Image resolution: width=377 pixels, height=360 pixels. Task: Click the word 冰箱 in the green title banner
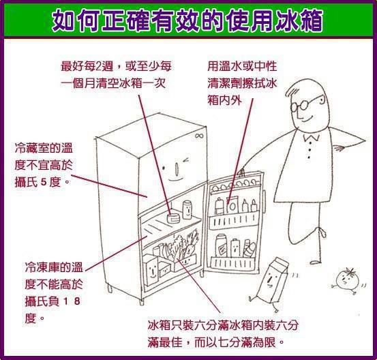click(x=298, y=20)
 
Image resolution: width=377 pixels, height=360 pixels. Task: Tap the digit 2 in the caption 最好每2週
click(x=99, y=66)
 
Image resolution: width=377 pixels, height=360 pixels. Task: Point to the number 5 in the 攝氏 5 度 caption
click(x=44, y=182)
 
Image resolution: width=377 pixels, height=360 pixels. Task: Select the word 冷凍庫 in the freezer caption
click(x=42, y=267)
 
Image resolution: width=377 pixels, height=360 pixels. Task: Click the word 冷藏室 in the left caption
click(x=32, y=148)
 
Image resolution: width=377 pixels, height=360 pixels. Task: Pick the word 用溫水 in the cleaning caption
click(x=224, y=66)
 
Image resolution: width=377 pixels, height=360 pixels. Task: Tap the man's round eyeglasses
click(x=303, y=104)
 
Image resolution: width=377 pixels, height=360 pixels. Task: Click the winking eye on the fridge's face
click(x=186, y=160)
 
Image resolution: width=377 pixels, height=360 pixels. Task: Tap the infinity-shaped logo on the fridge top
click(x=199, y=136)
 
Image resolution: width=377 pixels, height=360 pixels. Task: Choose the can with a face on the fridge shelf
click(x=187, y=209)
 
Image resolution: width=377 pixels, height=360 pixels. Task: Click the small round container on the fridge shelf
click(x=173, y=217)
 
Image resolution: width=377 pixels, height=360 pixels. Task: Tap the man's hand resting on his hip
click(x=339, y=148)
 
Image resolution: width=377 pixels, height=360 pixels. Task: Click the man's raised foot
click(x=323, y=232)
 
